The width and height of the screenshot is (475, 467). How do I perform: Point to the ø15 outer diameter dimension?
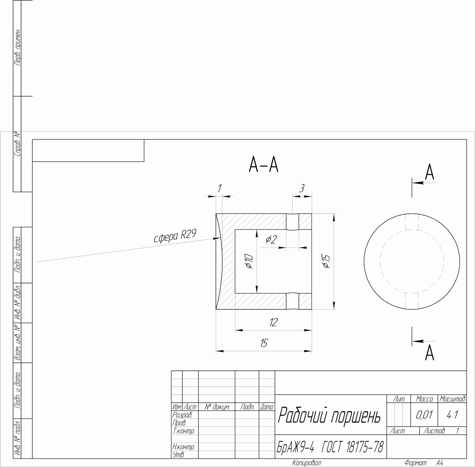(326, 261)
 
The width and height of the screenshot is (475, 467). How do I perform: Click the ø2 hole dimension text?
(272, 239)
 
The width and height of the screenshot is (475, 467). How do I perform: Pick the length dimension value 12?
(273, 322)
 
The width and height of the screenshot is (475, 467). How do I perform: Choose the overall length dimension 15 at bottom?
(264, 343)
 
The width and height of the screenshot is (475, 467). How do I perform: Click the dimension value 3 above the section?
(302, 188)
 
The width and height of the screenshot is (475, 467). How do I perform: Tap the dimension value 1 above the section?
(219, 188)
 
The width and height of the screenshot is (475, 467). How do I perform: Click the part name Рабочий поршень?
(329, 415)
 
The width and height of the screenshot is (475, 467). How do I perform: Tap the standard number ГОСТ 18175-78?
(352, 447)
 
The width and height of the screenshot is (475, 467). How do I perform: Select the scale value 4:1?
(452, 415)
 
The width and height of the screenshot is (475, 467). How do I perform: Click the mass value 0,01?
(424, 415)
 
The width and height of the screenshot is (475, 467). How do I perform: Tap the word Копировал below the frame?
(306, 463)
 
